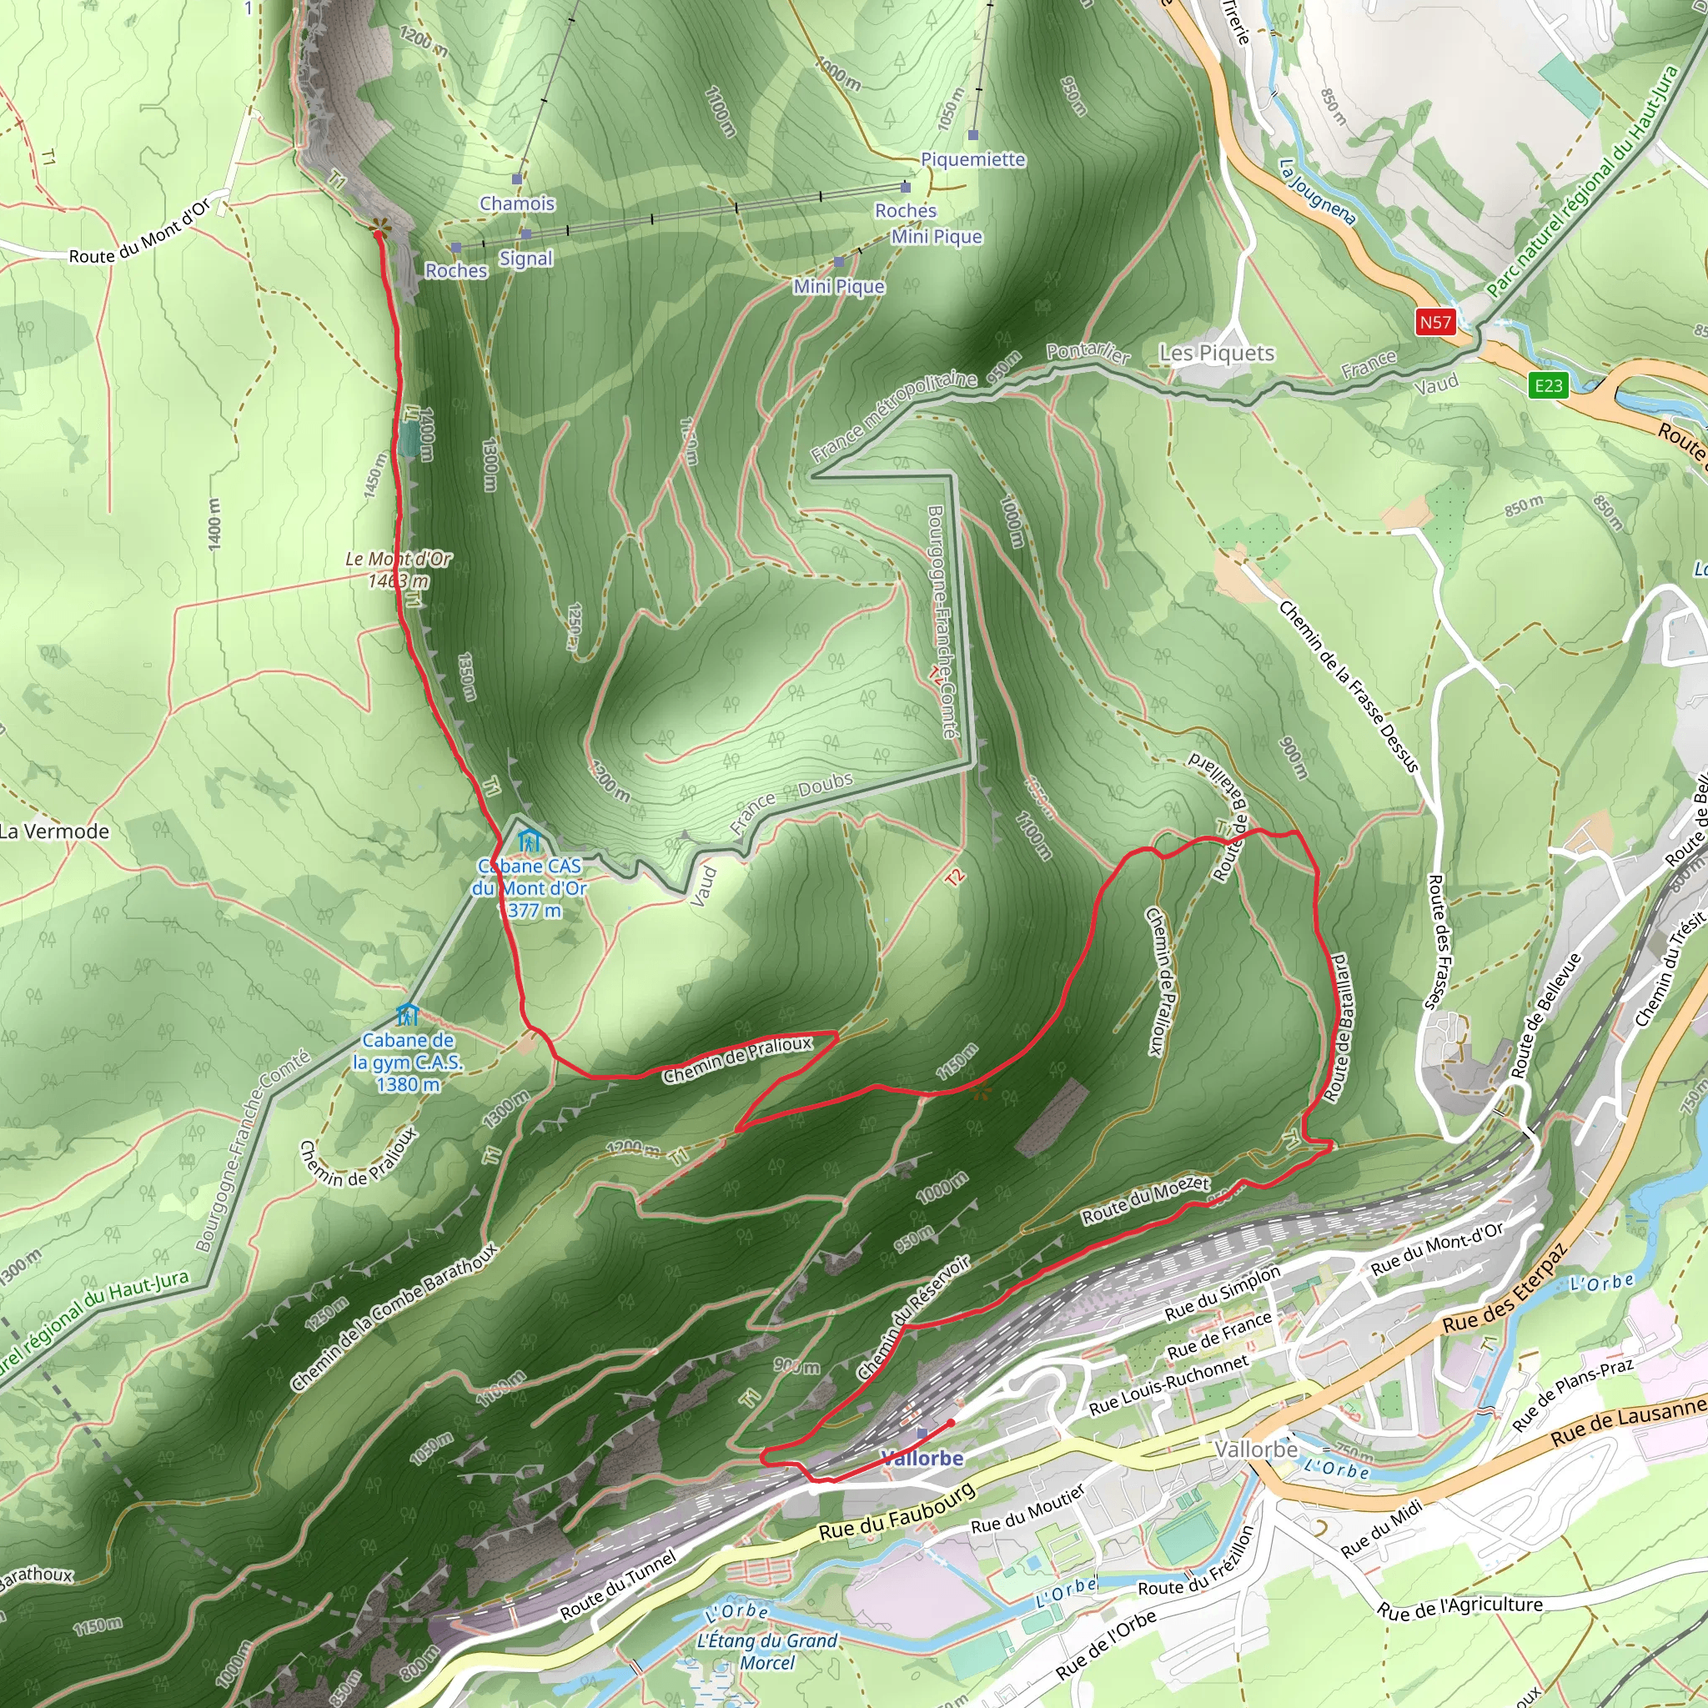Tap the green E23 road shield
pos(1548,385)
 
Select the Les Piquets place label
pos(1217,354)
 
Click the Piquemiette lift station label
pos(972,160)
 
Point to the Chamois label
pos(517,203)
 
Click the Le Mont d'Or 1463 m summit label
pos(398,570)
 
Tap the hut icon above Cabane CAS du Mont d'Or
pos(529,839)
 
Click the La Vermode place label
pos(55,831)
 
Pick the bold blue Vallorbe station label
pos(922,1458)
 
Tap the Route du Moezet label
pos(1145,1201)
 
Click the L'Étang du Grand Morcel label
pos(766,1651)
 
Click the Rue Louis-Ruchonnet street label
pos(1168,1384)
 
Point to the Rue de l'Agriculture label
pos(1459,1606)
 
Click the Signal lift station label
pos(526,259)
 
